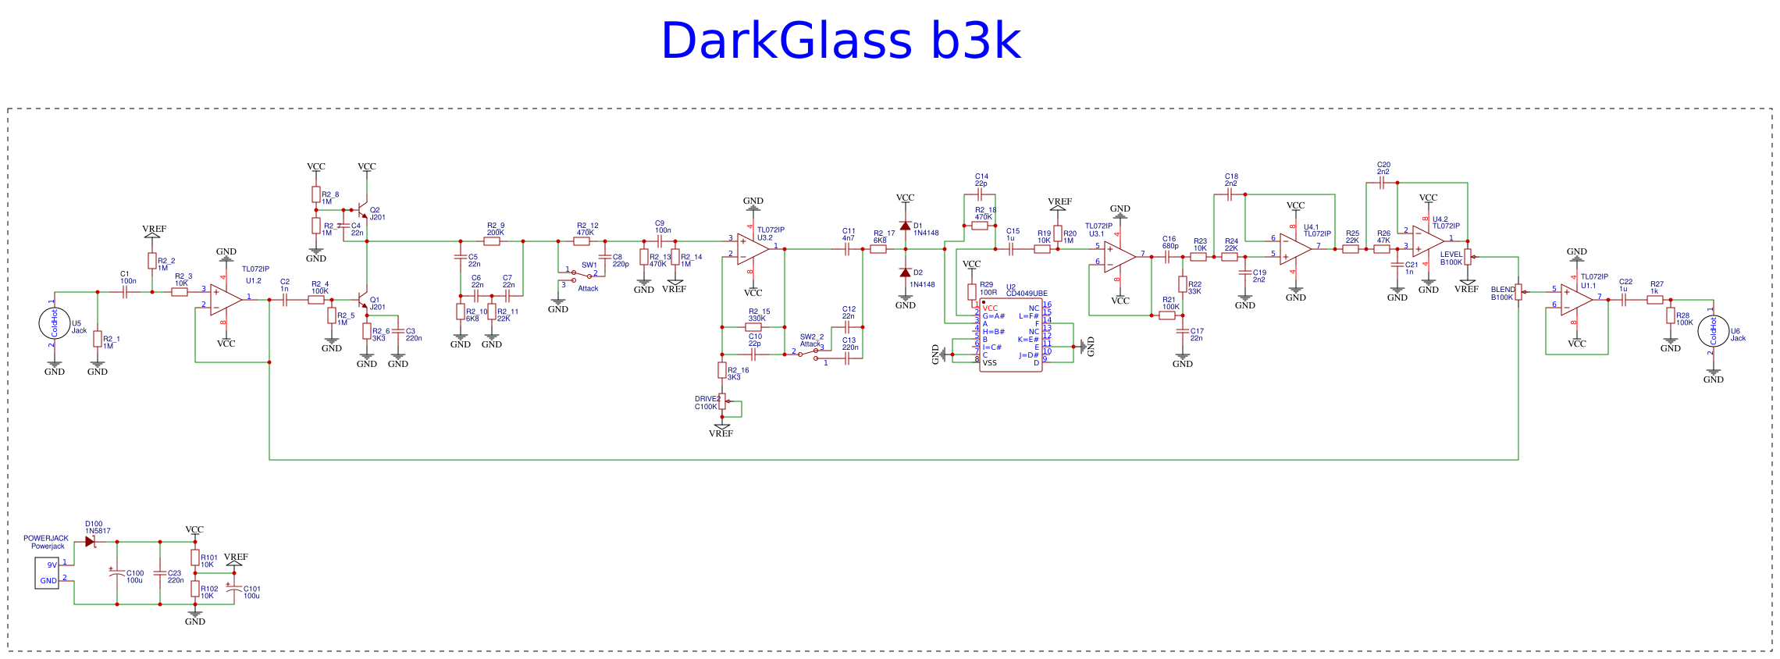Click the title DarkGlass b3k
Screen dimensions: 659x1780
click(x=840, y=41)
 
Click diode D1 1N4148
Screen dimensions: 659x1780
click(x=905, y=226)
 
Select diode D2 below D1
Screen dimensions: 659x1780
click(x=905, y=273)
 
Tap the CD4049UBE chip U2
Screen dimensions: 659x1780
click(x=1011, y=335)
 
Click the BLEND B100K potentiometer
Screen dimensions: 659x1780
click(x=1518, y=292)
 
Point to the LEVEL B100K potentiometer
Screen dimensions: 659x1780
click(x=1468, y=257)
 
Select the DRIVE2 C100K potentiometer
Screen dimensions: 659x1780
click(x=722, y=401)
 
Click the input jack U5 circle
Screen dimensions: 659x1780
click(x=55, y=323)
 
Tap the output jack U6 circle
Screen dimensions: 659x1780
click(x=1714, y=331)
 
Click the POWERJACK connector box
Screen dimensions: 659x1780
click(x=47, y=572)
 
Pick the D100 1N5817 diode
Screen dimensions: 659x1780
click(x=90, y=541)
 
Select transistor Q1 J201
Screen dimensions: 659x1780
click(x=362, y=300)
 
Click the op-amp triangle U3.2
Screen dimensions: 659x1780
click(x=753, y=249)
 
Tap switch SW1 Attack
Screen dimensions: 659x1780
click(x=582, y=276)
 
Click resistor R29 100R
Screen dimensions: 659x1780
click(x=972, y=292)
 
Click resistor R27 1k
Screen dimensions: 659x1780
click(x=1655, y=300)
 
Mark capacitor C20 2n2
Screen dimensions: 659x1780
click(x=1382, y=183)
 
